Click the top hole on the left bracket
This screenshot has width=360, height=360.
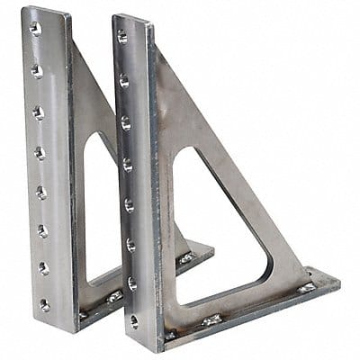[35, 29]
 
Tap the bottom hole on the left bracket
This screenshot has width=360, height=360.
[44, 305]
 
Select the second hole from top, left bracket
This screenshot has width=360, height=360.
[37, 70]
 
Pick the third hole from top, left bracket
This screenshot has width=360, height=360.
[38, 112]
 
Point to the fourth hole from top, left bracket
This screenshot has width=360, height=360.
[40, 153]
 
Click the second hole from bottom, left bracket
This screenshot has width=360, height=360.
[43, 268]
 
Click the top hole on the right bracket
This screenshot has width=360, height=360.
[122, 37]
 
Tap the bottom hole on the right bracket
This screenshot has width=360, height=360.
[134, 321]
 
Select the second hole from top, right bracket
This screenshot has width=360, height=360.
[124, 80]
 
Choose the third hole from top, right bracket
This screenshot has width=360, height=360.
[126, 122]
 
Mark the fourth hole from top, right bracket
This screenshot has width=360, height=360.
[127, 165]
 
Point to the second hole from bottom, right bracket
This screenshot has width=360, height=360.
[132, 283]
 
